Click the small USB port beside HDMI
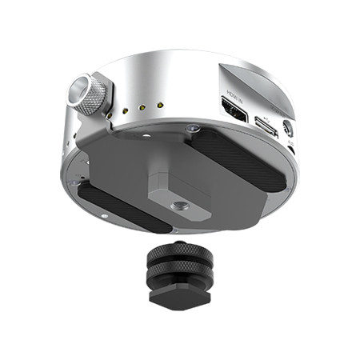coord(265,125)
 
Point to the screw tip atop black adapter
coord(174,246)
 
